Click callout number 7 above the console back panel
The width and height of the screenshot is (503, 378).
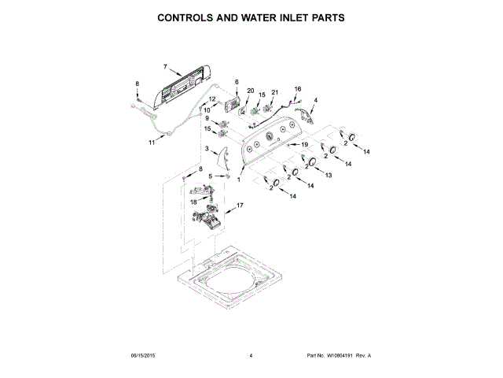166,67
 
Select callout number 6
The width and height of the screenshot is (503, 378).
236,82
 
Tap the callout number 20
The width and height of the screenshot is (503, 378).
251,91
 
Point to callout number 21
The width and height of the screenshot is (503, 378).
274,93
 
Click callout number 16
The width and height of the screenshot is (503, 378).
298,89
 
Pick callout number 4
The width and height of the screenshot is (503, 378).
316,101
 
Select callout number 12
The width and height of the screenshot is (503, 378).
212,98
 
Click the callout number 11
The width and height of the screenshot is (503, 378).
152,143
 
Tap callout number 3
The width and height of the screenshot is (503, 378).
207,148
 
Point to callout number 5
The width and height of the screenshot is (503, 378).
210,176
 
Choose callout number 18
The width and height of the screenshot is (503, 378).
193,202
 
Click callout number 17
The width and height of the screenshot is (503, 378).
240,205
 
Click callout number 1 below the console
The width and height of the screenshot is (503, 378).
239,180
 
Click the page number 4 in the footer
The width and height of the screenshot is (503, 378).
250,356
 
